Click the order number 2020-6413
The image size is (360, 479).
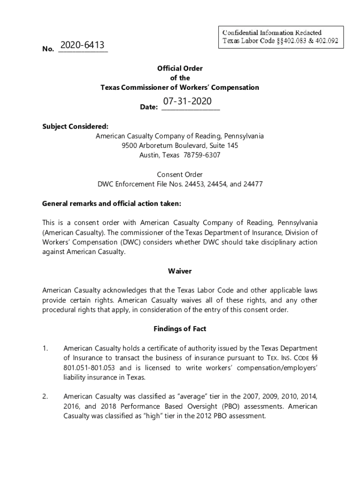pos(83,45)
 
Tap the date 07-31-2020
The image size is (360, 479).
pos(187,102)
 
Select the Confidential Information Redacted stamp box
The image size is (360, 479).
pos(280,37)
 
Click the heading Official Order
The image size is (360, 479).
pos(180,68)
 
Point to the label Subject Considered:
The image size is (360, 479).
pos(75,126)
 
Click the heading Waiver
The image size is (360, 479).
pos(180,271)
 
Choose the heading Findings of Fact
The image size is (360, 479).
pos(180,329)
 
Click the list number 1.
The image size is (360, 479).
pos(45,348)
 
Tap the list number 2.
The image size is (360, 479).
pos(45,397)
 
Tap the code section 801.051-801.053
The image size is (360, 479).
pos(91,367)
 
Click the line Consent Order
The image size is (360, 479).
pos(180,174)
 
